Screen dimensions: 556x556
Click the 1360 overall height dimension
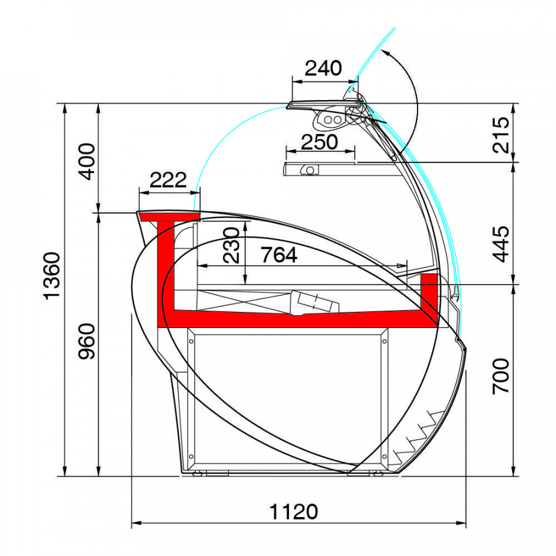click(52, 276)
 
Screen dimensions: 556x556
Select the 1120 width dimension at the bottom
click(293, 512)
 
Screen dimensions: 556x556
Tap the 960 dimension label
click(86, 341)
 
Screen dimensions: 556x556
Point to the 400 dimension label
click(86, 161)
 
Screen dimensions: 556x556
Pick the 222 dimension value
click(168, 180)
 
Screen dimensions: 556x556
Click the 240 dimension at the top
click(323, 68)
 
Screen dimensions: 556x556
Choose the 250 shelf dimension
click(319, 142)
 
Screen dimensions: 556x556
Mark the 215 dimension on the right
click(501, 135)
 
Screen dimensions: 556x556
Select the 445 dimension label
click(501, 244)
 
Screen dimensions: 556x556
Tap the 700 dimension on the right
click(501, 377)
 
